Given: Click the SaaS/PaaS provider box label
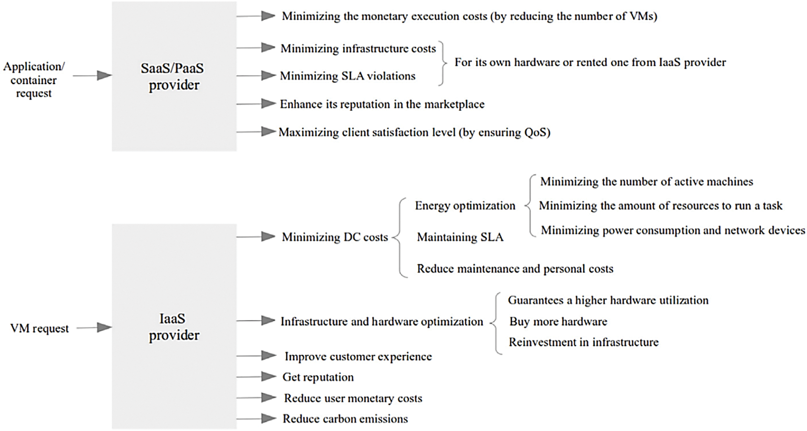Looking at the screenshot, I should tap(173, 77).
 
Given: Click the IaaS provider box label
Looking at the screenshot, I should tap(173, 327).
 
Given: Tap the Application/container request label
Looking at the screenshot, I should tap(34, 79).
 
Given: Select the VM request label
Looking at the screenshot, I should tap(40, 329).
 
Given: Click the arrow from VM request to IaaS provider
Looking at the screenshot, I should tap(94, 328).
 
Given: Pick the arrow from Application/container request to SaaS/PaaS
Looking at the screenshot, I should tap(92, 76).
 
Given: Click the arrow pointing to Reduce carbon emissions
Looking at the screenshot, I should tap(256, 419).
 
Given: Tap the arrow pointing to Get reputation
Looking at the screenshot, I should tap(256, 377).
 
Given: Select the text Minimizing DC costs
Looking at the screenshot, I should tap(335, 237).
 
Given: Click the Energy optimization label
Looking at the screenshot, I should tap(465, 206).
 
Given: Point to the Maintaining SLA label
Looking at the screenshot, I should tap(460, 237).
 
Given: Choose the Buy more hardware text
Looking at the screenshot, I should tap(558, 321).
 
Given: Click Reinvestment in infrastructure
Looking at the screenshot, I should tap(584, 342).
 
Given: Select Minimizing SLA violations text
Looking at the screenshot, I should tap(347, 76).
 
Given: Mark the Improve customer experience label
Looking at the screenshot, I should tap(358, 356).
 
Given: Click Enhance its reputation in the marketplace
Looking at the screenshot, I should tap(382, 104).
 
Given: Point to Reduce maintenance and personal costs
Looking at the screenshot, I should tap(515, 269).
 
